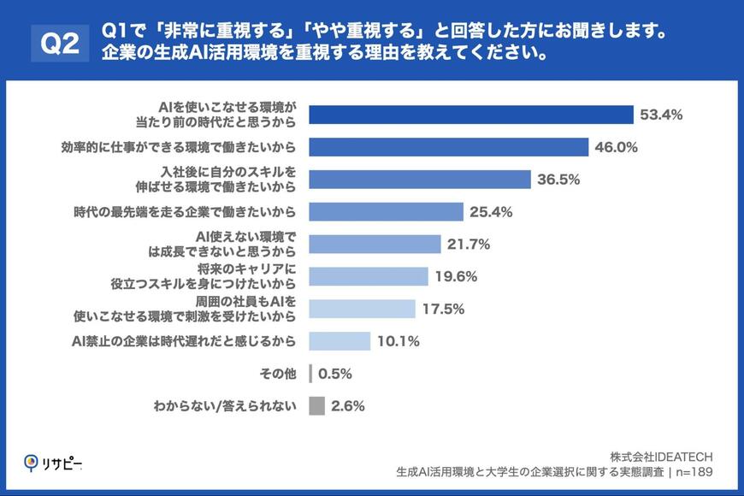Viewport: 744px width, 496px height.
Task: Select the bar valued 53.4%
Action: pyautogui.click(x=470, y=115)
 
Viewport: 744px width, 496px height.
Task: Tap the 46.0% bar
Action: pyautogui.click(x=448, y=147)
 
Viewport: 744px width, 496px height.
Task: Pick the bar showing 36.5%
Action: pyautogui.click(x=420, y=180)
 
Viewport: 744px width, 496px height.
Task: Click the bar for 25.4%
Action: pyautogui.click(x=386, y=212)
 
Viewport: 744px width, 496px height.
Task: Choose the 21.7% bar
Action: pyautogui.click(x=375, y=245)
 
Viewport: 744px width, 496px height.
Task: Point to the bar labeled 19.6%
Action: pyautogui.click(x=368, y=276)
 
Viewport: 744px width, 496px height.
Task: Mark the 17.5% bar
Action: pyautogui.click(x=362, y=309)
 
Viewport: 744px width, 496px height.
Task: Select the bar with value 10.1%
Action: pyautogui.click(x=340, y=341)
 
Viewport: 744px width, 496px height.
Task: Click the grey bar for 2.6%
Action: pyautogui.click(x=316, y=405)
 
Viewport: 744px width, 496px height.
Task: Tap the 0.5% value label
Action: pyautogui.click(x=335, y=374)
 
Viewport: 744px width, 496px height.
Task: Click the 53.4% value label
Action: pyautogui.click(x=660, y=115)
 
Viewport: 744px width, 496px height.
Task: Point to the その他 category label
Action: pyautogui.click(x=278, y=374)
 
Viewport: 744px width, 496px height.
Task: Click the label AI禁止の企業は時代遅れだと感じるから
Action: pyautogui.click(x=184, y=341)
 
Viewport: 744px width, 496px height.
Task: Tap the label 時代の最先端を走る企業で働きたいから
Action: pyautogui.click(x=184, y=212)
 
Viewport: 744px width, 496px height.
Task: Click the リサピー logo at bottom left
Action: pyautogui.click(x=52, y=463)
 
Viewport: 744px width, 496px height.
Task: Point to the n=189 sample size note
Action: pyautogui.click(x=691, y=470)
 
